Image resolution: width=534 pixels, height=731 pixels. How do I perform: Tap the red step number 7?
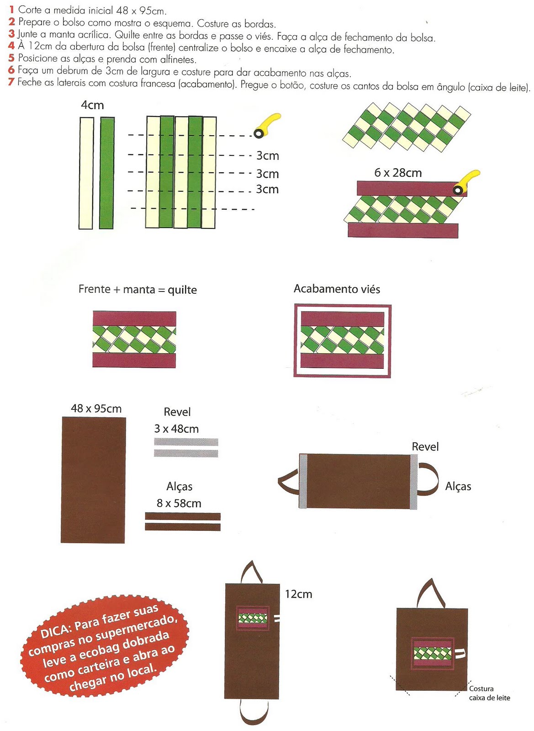[x=11, y=82]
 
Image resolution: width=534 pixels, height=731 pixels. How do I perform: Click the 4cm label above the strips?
[x=92, y=105]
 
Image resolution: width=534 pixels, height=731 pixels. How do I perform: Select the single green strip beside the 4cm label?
[x=107, y=173]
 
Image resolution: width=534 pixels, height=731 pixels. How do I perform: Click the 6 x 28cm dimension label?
[x=398, y=173]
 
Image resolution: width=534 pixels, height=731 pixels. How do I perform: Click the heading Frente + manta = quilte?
[x=137, y=289]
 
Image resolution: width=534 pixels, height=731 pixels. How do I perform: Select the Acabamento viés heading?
[x=337, y=289]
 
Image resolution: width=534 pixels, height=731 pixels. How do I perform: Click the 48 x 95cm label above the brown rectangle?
[x=96, y=408]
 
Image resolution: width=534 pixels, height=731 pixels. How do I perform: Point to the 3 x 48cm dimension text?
[x=176, y=429]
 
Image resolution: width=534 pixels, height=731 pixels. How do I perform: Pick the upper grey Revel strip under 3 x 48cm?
[x=186, y=442]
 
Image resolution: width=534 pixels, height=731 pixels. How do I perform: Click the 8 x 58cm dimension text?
[x=179, y=503]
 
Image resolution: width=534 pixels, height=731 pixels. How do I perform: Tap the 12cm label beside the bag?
[x=298, y=594]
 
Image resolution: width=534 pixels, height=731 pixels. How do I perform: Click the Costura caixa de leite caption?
[x=489, y=693]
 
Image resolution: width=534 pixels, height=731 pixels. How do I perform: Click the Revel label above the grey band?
[x=425, y=446]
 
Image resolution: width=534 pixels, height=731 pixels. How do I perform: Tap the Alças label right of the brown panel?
[x=458, y=486]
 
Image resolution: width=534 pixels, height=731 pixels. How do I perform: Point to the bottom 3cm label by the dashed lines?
[x=267, y=189]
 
